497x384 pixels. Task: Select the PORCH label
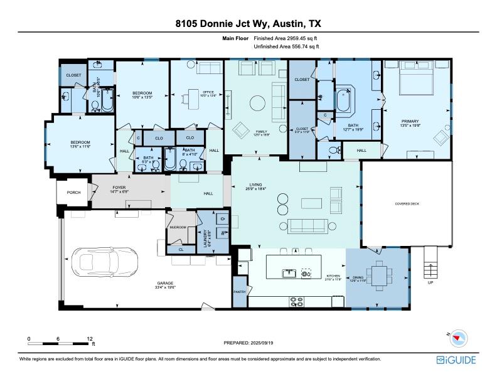click(73, 193)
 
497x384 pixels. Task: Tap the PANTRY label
click(239, 292)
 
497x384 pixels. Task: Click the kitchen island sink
click(289, 273)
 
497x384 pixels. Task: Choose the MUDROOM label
click(178, 228)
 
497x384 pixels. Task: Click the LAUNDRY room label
click(206, 239)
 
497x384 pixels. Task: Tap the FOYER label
click(120, 188)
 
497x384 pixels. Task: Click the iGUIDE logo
click(456, 360)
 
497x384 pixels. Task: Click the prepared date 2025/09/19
click(267, 343)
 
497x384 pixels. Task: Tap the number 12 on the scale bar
click(90, 338)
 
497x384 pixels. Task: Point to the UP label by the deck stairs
click(430, 283)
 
